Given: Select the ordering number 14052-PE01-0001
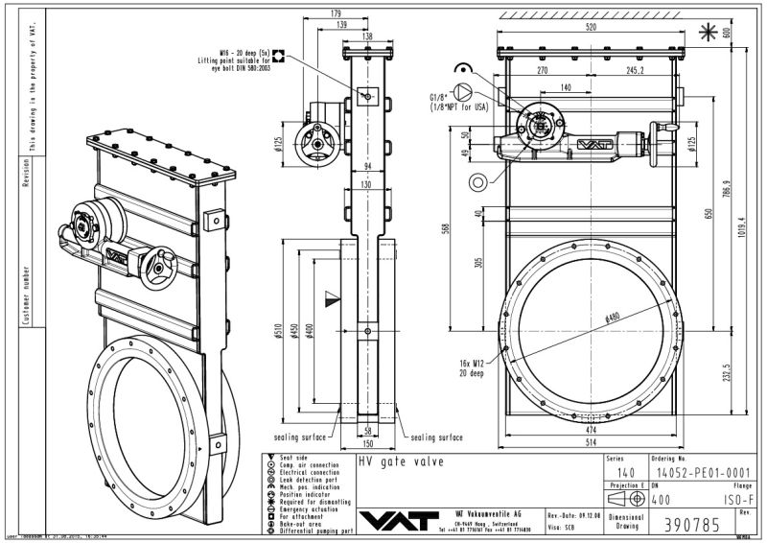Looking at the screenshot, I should [694, 472].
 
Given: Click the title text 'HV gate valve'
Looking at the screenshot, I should [392, 461].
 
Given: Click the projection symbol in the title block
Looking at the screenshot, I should [622, 501].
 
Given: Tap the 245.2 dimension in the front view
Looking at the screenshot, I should [635, 70].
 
